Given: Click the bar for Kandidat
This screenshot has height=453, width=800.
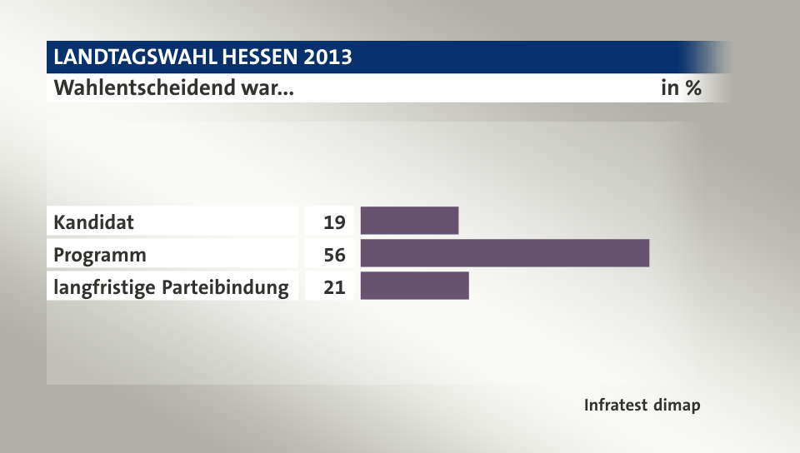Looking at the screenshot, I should [x=409, y=221].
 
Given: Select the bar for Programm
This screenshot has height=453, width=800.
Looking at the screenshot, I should [x=504, y=253].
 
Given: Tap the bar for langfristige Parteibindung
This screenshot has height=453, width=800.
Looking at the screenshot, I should [x=414, y=286].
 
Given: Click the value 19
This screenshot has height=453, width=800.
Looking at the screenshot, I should [x=335, y=222].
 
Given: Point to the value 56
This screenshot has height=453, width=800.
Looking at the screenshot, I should [x=335, y=255].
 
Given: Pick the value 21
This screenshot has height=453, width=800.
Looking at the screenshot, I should [x=335, y=287].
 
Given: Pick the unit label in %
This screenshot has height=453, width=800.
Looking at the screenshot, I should [x=681, y=87].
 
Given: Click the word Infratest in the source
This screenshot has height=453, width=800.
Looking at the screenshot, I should [x=617, y=406].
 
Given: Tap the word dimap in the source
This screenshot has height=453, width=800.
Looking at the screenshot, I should [x=678, y=406].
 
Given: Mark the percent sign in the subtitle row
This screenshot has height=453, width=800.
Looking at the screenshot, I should [x=692, y=87].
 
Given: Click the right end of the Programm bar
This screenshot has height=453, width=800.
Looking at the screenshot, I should [x=647, y=253].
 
